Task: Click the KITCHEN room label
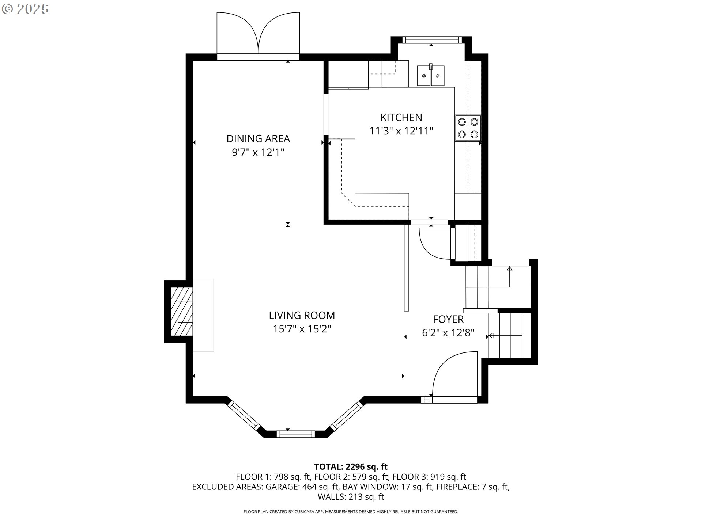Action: point(401,117)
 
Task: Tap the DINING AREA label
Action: point(258,139)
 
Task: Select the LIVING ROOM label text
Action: point(302,315)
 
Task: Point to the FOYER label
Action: point(448,319)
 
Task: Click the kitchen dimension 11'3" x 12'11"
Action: point(401,131)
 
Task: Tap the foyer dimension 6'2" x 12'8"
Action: point(448,333)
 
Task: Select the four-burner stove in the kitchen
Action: point(468,128)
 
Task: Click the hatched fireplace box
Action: point(182,311)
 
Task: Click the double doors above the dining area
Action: point(258,35)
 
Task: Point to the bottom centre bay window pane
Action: point(295,434)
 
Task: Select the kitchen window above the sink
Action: point(431,39)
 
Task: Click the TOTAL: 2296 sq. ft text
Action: point(351,466)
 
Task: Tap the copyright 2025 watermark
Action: point(25,9)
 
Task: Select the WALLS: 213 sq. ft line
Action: point(351,497)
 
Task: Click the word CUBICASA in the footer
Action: point(304,512)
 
